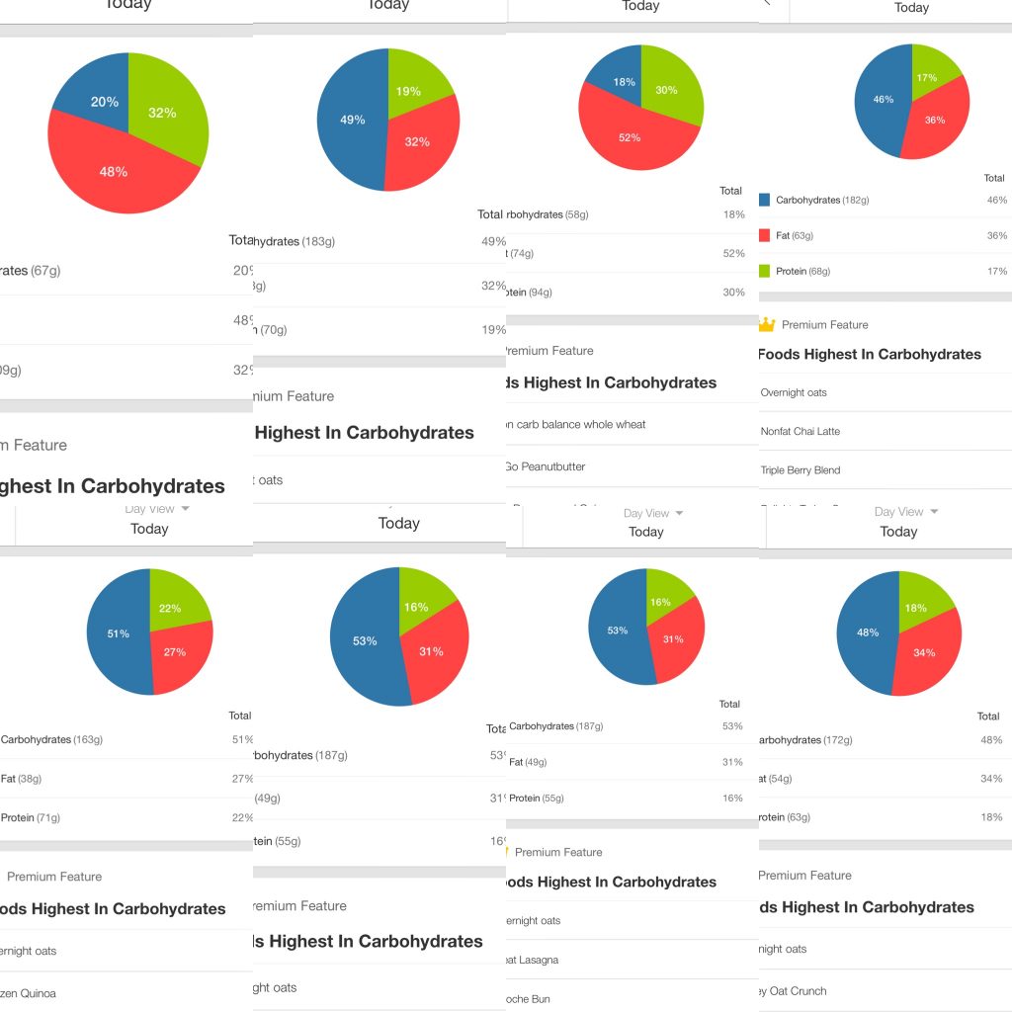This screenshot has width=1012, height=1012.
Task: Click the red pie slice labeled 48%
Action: (114, 172)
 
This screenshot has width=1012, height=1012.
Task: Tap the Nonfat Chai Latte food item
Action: (801, 431)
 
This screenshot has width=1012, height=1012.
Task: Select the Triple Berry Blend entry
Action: (801, 469)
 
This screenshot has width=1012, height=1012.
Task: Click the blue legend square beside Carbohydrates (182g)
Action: (764, 200)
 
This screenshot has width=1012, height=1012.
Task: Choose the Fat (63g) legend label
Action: (795, 235)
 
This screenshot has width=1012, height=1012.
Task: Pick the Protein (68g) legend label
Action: (802, 271)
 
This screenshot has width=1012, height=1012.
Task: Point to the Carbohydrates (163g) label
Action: (51, 739)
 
